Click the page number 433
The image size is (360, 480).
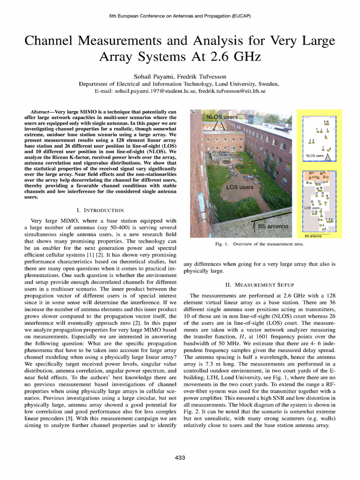[x=180, y=457]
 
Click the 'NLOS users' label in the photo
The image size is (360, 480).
[x=223, y=116]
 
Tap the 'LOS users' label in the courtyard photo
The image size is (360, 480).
[x=240, y=187]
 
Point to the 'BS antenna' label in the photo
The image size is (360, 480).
[x=275, y=226]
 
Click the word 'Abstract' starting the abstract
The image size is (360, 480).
[x=41, y=112]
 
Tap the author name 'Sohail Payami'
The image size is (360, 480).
[x=153, y=76]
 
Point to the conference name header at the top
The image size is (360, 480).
[x=180, y=15]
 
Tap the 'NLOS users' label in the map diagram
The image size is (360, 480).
[x=315, y=156]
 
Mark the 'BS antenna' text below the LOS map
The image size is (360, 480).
[x=313, y=236]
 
